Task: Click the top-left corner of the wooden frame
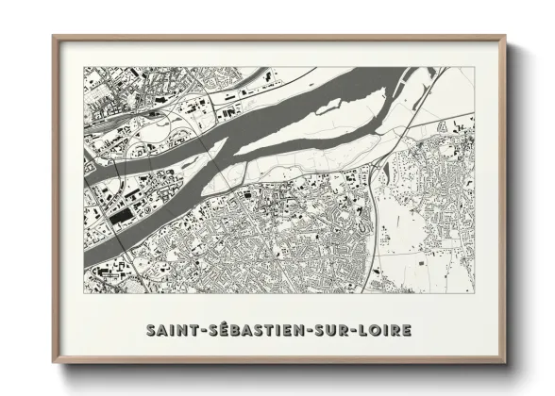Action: [53, 37]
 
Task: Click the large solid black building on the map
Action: [121, 217]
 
